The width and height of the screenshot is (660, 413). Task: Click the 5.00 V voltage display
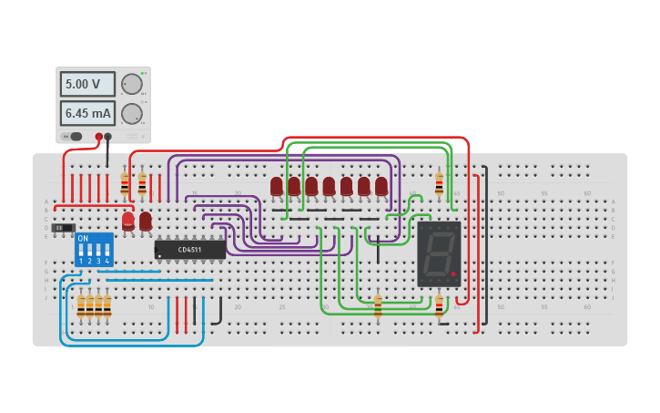click(87, 84)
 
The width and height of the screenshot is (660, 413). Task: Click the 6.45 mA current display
click(87, 113)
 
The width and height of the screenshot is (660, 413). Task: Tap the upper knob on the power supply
click(132, 84)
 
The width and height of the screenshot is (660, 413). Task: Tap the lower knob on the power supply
click(132, 114)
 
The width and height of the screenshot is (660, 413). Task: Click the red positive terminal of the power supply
click(99, 137)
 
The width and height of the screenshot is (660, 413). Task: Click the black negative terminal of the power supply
click(108, 137)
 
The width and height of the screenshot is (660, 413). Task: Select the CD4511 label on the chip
click(190, 249)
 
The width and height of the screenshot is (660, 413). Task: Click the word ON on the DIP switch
click(83, 239)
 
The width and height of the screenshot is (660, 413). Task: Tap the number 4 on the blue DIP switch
click(107, 262)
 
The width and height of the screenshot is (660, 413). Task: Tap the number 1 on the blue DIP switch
click(81, 262)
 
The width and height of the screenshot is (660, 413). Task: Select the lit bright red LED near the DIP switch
click(128, 220)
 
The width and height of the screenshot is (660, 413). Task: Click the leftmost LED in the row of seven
click(277, 186)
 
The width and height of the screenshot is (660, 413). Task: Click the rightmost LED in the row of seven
click(381, 186)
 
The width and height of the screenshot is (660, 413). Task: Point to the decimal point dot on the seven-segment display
click(452, 274)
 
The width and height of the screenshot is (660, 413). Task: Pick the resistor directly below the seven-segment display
click(439, 304)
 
